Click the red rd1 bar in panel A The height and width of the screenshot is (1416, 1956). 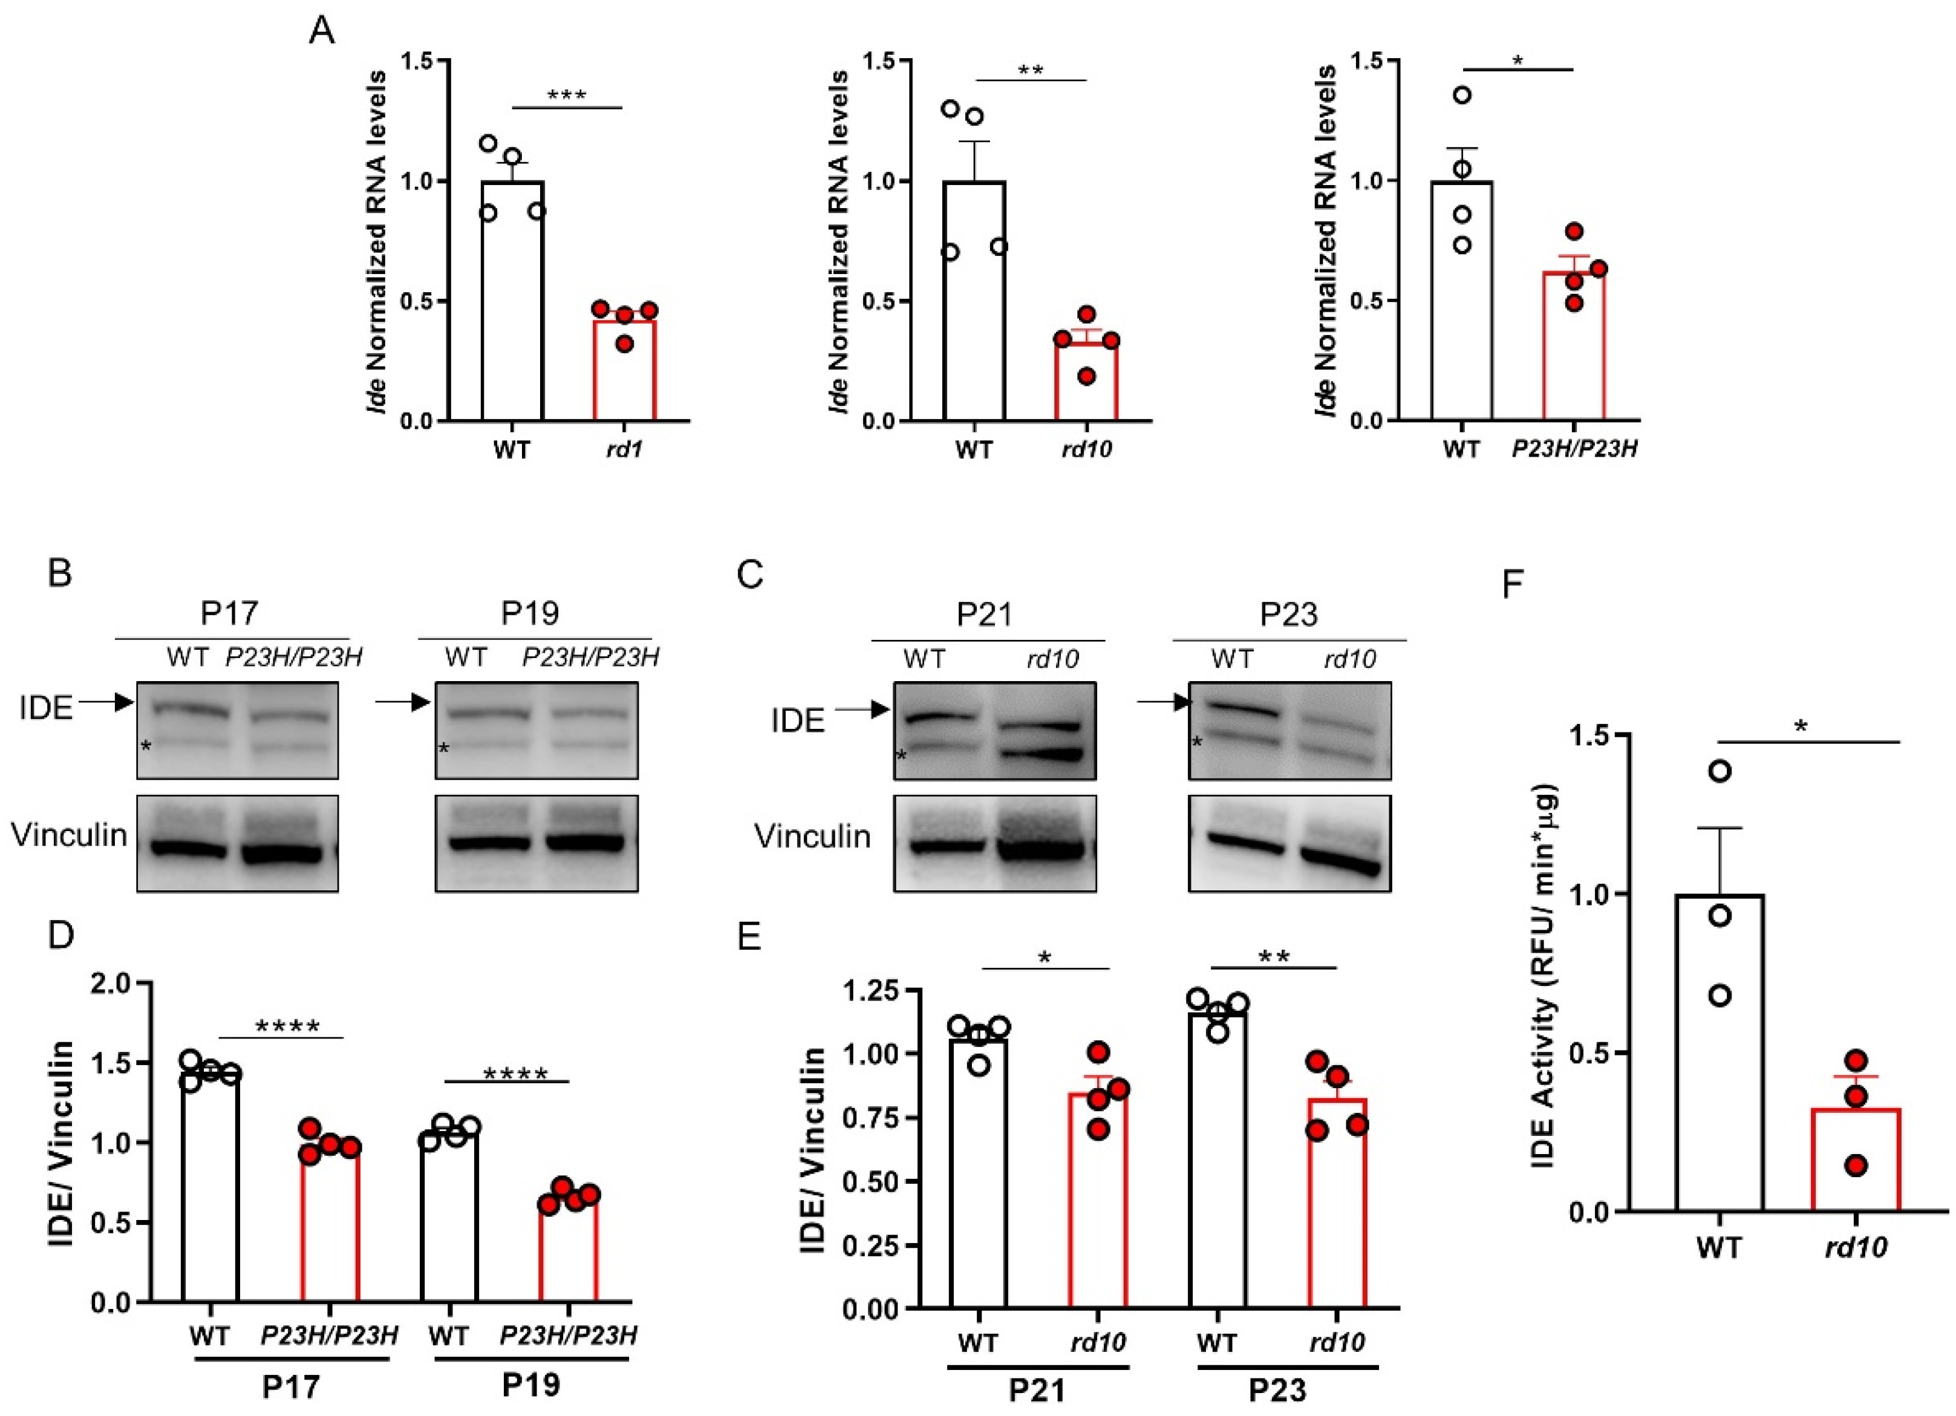pos(624,371)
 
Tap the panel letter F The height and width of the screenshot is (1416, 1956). pos(1513,583)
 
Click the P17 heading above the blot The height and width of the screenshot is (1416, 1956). pos(229,613)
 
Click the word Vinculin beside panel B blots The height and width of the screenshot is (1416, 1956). pos(69,835)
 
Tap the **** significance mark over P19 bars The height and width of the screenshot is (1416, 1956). pos(515,1074)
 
